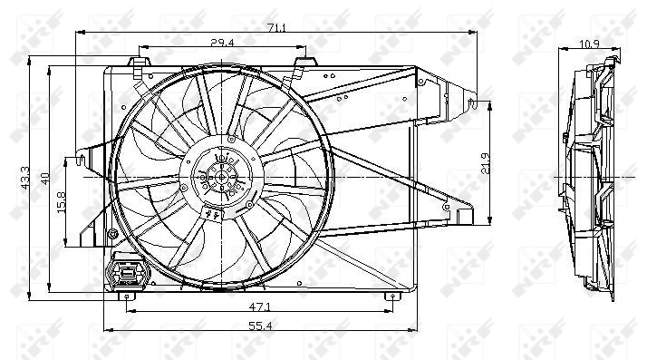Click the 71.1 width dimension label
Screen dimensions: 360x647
tap(277, 28)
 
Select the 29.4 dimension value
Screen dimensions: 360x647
tap(223, 42)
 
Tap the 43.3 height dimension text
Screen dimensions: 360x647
tap(25, 178)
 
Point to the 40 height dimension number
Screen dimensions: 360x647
tap(44, 177)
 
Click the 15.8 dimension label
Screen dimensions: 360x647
tap(63, 201)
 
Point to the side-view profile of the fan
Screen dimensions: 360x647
tap(589, 177)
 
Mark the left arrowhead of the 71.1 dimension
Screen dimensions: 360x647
tap(80, 34)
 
